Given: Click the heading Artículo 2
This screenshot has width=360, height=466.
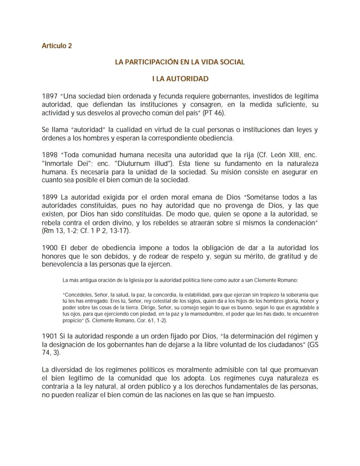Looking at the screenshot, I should [57, 46].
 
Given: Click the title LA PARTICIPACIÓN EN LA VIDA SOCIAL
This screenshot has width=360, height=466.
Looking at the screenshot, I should [180, 62].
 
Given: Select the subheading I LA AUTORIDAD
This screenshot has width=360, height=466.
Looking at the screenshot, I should [180, 79].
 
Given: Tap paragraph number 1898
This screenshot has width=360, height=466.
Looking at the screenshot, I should [50, 155].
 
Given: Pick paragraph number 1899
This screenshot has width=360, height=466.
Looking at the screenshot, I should [50, 197].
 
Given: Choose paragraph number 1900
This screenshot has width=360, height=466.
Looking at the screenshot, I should [50, 248].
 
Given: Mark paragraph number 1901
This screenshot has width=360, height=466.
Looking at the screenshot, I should [50, 336].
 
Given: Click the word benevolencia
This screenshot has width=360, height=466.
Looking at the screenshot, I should [64, 265].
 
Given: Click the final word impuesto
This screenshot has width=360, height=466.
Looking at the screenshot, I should [261, 396].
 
